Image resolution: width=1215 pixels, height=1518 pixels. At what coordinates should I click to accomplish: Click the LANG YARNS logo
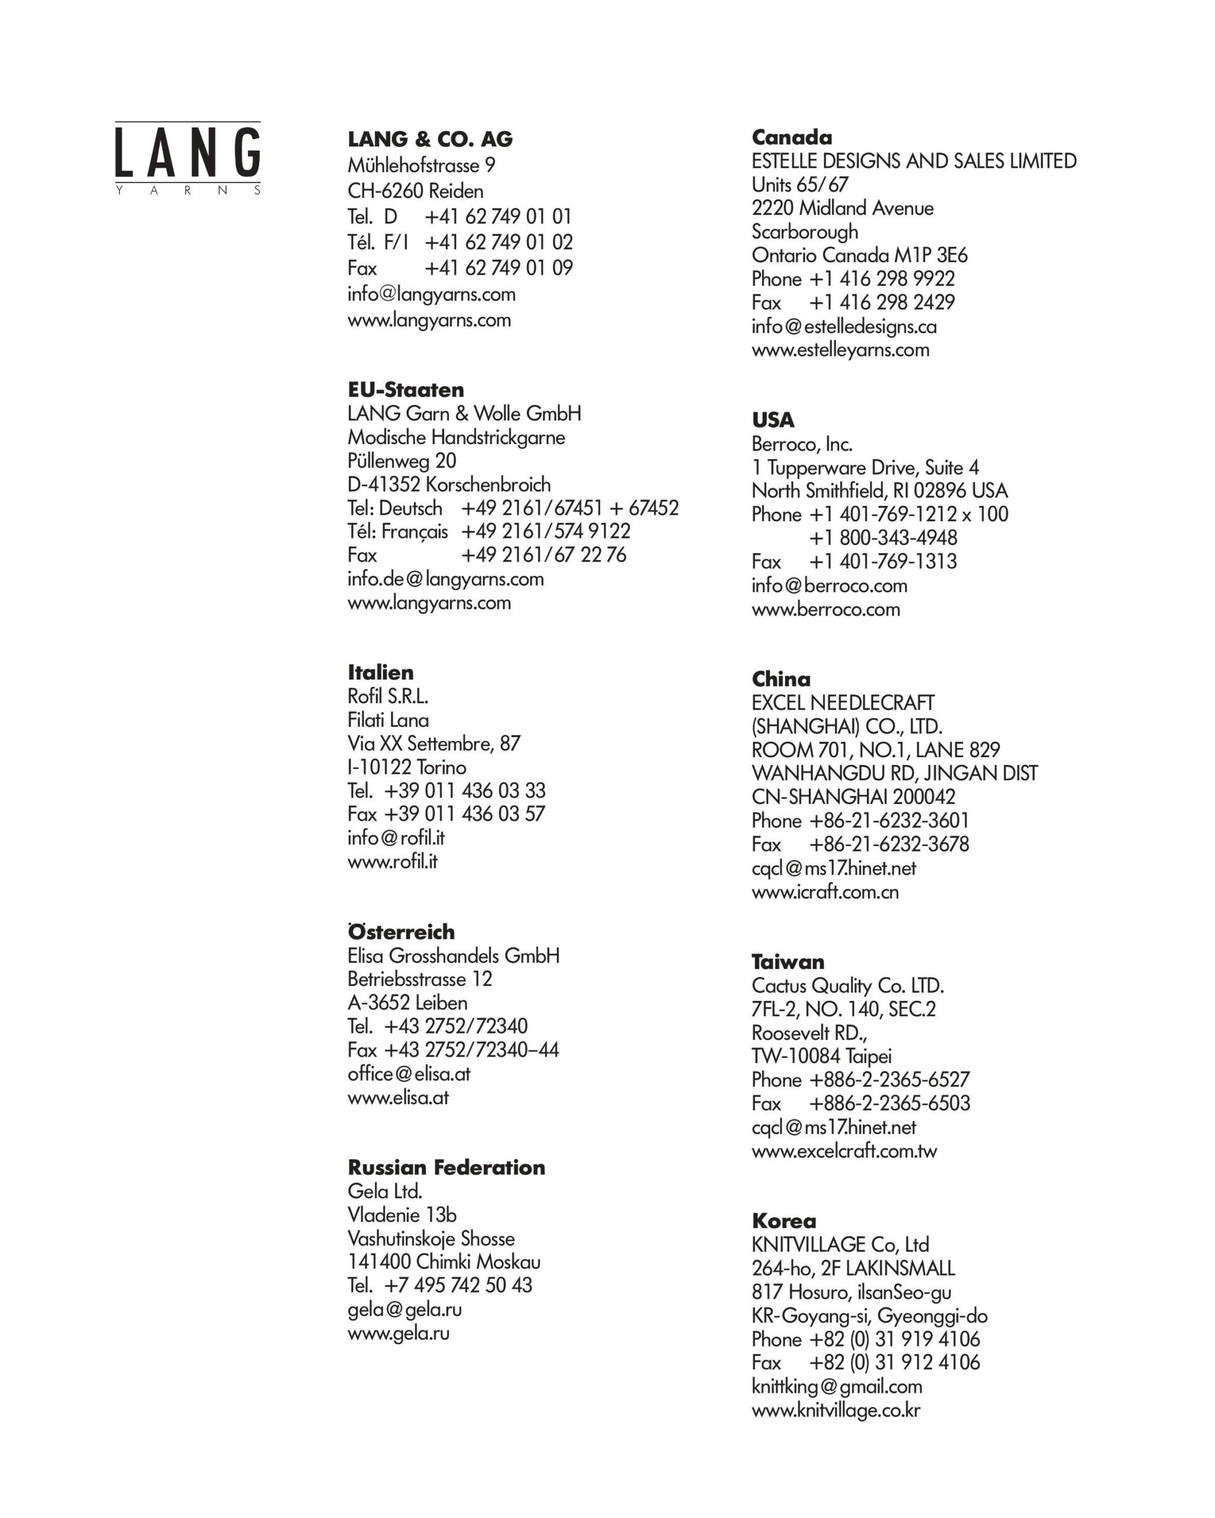(x=187, y=158)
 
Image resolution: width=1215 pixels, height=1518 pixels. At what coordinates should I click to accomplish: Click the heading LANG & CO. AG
(x=429, y=139)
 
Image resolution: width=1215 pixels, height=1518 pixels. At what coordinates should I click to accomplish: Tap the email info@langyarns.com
(x=431, y=294)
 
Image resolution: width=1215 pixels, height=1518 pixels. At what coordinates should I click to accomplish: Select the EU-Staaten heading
(x=406, y=390)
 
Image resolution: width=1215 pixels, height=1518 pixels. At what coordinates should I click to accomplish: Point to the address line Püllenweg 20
(x=401, y=461)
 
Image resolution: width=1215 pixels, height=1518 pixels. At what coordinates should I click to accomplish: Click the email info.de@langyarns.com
(x=445, y=579)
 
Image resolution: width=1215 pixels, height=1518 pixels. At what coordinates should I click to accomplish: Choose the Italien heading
(x=380, y=672)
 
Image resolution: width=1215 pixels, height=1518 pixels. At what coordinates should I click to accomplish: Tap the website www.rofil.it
(x=392, y=862)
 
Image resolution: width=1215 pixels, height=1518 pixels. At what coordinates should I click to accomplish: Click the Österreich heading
(x=400, y=932)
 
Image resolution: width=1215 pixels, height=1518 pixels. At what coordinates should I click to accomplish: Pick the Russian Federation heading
(x=445, y=1168)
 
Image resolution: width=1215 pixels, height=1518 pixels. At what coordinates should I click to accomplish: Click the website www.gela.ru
(x=398, y=1334)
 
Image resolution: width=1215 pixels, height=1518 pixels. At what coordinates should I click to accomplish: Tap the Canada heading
(x=791, y=138)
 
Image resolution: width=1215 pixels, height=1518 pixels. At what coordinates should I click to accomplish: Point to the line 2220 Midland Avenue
(x=842, y=208)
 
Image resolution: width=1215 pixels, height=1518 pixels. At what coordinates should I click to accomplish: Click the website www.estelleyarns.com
(x=840, y=350)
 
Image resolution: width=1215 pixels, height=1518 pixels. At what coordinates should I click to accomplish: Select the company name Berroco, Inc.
(x=802, y=444)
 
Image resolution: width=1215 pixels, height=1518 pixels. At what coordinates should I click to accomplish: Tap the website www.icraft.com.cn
(x=824, y=892)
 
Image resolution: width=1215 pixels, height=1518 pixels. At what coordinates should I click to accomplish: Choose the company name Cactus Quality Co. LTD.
(x=847, y=986)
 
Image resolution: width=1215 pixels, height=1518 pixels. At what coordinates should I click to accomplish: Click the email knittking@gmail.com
(x=836, y=1386)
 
